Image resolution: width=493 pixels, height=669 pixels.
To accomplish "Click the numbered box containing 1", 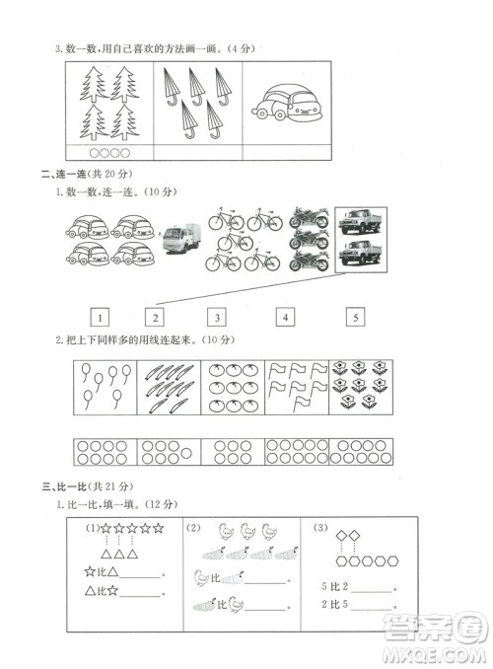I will (x=100, y=318).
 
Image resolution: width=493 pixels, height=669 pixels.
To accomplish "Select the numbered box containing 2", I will (x=155, y=318).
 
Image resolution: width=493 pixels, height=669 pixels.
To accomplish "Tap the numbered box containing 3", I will (x=217, y=318).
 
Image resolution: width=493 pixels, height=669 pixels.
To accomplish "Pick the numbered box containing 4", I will (x=284, y=318).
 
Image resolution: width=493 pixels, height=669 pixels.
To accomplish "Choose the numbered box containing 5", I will (x=355, y=318).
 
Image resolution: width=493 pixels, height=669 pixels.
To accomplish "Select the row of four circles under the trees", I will (x=108, y=152).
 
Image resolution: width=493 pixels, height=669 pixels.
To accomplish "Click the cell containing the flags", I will (x=297, y=387).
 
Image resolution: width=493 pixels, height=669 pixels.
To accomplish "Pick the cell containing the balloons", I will (x=105, y=387).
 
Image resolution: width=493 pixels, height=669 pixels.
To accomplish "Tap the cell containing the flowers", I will (x=359, y=387).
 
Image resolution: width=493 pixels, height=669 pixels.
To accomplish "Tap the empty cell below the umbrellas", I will (x=197, y=152).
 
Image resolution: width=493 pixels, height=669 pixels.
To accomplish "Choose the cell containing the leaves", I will (x=169, y=387).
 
